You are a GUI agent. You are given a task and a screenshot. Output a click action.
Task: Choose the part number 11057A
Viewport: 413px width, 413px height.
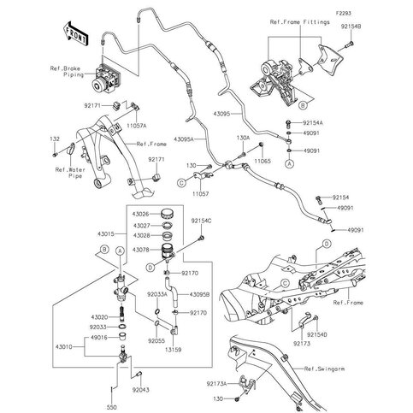pos(138,124)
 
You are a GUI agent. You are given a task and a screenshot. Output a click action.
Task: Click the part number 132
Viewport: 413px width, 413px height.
pos(54,139)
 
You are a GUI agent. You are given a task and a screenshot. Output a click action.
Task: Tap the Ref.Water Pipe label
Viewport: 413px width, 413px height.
pos(72,174)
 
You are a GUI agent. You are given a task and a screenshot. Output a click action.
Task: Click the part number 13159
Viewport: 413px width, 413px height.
pos(176,350)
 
